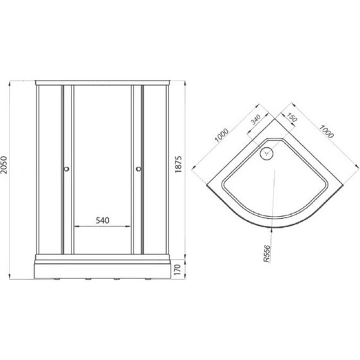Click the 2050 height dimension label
4,165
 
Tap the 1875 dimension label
178,164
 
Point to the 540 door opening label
102,220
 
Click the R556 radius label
267,254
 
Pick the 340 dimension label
255,119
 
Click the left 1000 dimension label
221,135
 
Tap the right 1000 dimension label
327,131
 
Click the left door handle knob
66,169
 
